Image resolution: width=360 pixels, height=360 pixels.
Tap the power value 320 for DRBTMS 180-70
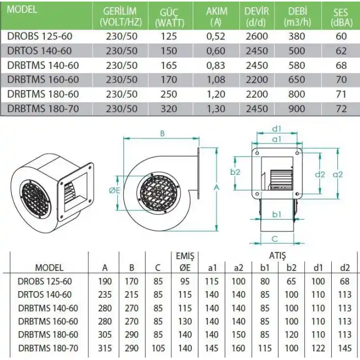point(168,109)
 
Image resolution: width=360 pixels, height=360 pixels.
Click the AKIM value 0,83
point(215,65)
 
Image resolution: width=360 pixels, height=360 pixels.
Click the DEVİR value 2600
point(256,37)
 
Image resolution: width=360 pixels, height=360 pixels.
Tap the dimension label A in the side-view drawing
point(217,188)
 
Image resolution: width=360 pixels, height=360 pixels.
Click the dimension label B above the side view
point(162,133)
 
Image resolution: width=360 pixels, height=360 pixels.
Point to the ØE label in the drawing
point(115,191)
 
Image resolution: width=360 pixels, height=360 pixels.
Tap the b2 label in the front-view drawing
point(235,172)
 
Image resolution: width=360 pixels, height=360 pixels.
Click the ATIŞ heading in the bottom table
point(278,256)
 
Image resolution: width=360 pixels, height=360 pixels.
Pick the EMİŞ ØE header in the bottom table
point(185,262)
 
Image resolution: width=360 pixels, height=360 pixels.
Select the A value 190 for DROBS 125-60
point(105,281)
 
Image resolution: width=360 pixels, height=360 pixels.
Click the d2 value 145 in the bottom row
point(344,348)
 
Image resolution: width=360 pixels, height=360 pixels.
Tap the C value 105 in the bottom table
point(158,348)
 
